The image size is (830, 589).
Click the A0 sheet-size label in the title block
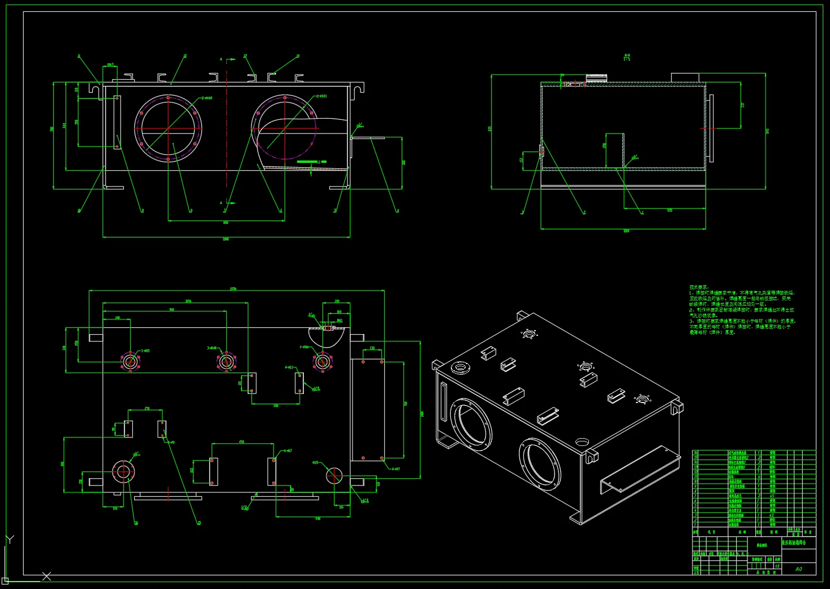tap(798, 569)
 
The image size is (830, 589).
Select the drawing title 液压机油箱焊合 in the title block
tap(798, 543)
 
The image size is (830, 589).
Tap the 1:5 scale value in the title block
tap(777, 565)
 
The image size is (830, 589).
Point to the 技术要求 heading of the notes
tap(698, 287)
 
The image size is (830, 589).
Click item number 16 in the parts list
tap(696, 453)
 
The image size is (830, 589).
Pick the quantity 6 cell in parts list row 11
tap(759, 477)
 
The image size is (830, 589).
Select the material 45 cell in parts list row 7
tap(772, 496)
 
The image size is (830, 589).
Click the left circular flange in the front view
tap(168, 128)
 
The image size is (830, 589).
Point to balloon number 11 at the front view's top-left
tap(79, 57)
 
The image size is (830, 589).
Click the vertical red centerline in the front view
tap(227, 130)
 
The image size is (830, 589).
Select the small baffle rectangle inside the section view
tap(614, 150)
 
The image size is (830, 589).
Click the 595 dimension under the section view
tap(669, 210)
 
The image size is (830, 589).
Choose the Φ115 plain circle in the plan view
tap(334, 475)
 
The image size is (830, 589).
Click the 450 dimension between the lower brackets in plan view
tap(242, 441)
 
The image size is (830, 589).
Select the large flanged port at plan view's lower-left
tap(123, 471)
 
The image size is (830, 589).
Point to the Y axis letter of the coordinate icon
tap(10, 540)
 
